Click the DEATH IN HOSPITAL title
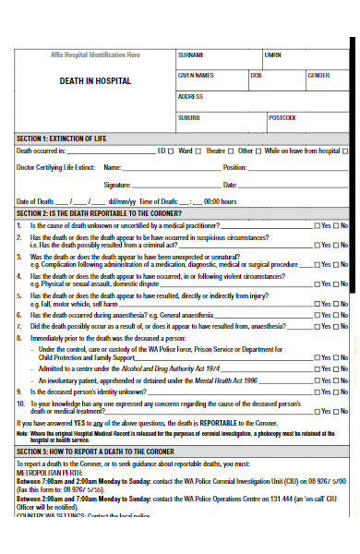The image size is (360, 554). click(95, 81)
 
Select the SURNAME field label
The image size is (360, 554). click(191, 55)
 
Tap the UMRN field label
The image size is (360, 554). click(273, 55)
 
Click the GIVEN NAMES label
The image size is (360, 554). click(195, 75)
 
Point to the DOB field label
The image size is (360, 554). click(256, 75)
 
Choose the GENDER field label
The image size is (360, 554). click(318, 75)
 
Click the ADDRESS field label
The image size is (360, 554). click(190, 96)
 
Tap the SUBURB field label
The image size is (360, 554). click(189, 117)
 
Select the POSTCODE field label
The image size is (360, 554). click(282, 117)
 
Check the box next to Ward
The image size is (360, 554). click(198, 150)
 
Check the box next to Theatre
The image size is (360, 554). click(232, 150)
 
